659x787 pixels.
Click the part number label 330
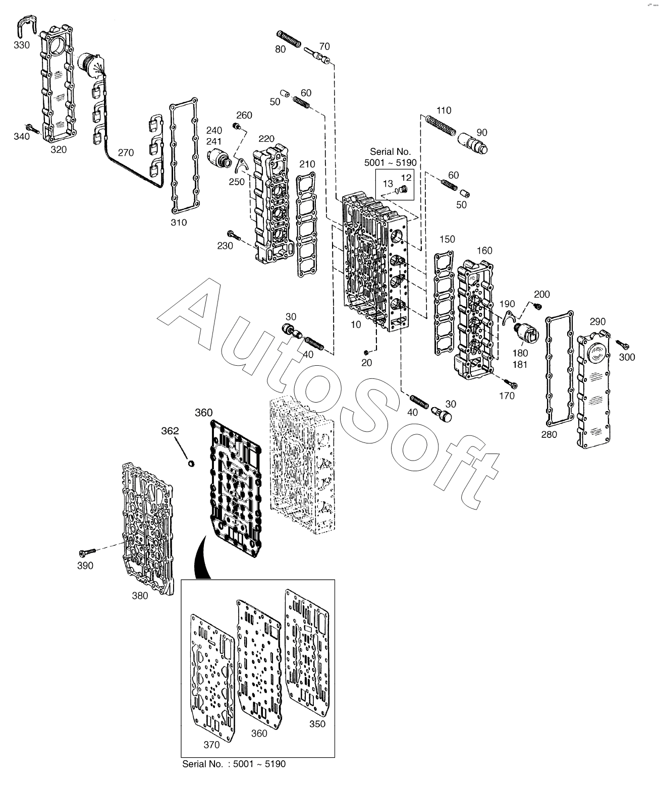[22, 45]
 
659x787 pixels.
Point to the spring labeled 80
[289, 39]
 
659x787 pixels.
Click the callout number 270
[127, 153]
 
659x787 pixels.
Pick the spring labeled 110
[440, 127]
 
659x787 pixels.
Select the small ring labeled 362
[191, 463]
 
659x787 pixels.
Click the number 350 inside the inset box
[317, 724]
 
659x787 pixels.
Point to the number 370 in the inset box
[211, 745]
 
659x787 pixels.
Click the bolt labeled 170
[512, 385]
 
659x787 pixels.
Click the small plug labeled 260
[236, 125]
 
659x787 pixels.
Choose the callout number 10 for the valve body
[356, 324]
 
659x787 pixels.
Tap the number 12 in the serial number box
[406, 177]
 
